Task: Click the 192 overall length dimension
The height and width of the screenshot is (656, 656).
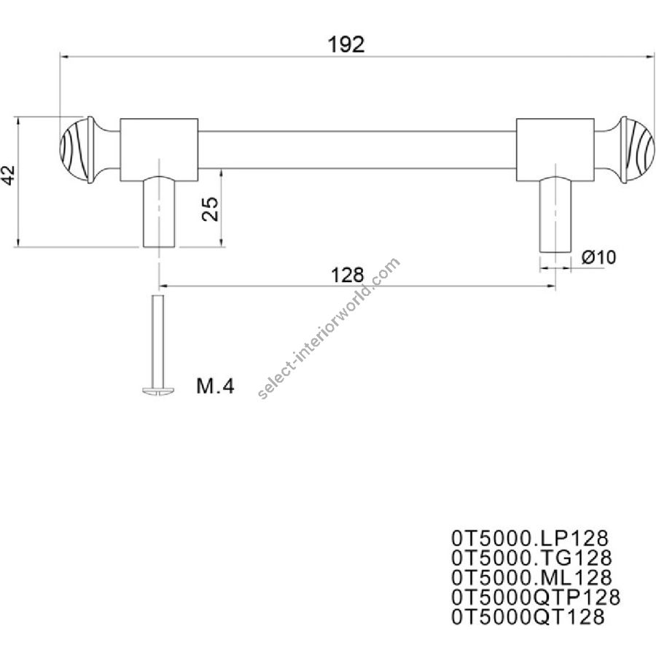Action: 346,44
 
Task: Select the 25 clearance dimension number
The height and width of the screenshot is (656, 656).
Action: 210,208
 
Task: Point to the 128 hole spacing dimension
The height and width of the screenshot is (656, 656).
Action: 347,276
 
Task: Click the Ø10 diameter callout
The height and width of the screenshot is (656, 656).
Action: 598,257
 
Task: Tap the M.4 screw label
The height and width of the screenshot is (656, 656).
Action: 215,386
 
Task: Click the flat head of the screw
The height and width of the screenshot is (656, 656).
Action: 158,391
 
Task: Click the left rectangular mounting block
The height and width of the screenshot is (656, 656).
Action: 159,149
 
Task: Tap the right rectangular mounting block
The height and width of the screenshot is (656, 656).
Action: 555,149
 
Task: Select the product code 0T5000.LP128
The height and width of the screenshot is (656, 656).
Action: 530,538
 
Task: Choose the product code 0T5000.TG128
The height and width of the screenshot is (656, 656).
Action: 531,558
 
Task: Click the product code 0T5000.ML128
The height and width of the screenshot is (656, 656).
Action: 531,577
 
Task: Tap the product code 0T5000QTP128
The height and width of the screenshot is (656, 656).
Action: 536,597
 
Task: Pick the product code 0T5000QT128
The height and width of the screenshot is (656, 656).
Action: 528,617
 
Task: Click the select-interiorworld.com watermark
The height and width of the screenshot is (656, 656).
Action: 329,328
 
